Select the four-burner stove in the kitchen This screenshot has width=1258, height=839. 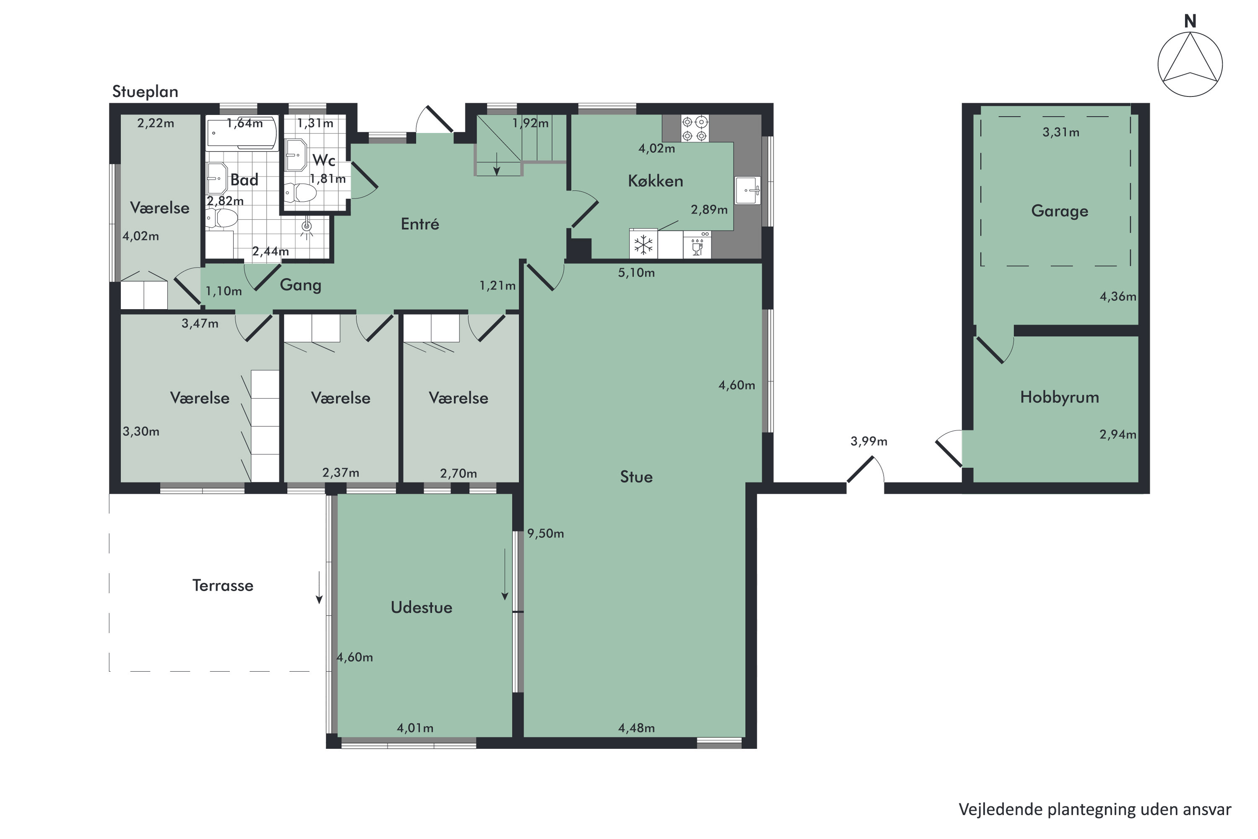click(x=695, y=128)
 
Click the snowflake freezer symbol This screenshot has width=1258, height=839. click(x=643, y=245)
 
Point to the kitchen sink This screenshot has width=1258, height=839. click(x=748, y=190)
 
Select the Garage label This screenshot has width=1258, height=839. click(x=1060, y=211)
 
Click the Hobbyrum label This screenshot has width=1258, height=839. click(x=1060, y=397)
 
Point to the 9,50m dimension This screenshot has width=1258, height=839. click(x=546, y=534)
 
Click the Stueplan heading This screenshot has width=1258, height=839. click(x=145, y=91)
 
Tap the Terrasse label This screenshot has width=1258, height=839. click(x=223, y=585)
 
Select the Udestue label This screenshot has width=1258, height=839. click(x=421, y=607)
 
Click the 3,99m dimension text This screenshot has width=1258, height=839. click(x=868, y=441)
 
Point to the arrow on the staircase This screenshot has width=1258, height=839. click(x=497, y=163)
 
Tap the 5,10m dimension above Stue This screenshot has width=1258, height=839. click(x=637, y=273)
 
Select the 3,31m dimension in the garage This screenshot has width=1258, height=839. click(x=1060, y=132)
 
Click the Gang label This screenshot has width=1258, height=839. click(x=301, y=285)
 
